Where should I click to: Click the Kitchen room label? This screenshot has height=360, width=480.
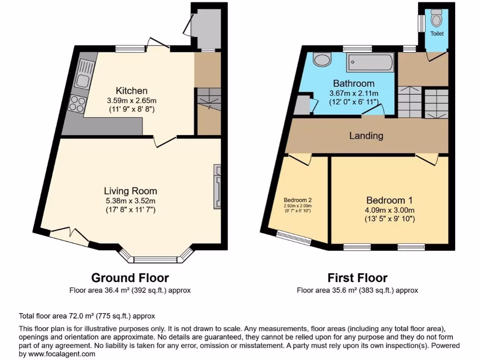click(132, 90)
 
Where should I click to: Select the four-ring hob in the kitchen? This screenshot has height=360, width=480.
click(77, 103)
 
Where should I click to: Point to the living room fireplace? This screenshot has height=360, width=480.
click(217, 186)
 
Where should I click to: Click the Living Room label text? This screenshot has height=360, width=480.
click(130, 191)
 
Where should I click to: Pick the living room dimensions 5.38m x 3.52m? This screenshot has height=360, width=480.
click(130, 201)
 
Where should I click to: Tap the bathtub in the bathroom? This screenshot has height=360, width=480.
click(370, 62)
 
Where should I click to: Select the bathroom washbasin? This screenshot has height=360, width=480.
click(322, 60)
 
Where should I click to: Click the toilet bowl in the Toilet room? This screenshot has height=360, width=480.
click(437, 19)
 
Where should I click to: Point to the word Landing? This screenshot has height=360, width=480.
click(366, 136)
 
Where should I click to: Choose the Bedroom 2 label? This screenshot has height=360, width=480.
click(298, 199)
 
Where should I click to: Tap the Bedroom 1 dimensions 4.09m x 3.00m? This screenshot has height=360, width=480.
click(390, 209)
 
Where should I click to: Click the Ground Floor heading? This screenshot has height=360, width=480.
click(130, 277)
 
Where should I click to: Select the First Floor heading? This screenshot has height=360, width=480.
click(357, 277)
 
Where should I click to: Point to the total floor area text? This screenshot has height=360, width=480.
click(87, 316)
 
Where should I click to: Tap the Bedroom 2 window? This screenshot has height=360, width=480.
click(294, 238)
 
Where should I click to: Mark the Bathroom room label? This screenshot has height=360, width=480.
click(354, 83)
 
